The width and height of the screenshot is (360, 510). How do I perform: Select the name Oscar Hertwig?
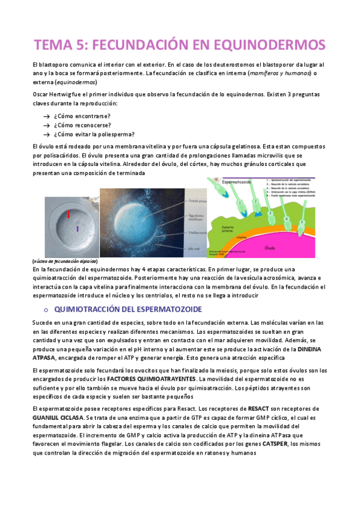[x=55, y=95]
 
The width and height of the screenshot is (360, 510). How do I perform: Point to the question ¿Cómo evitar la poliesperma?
[x=94, y=134]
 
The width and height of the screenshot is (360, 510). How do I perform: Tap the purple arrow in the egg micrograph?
[x=76, y=228]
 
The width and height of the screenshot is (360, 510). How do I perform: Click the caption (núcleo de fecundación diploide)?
[x=64, y=262]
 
